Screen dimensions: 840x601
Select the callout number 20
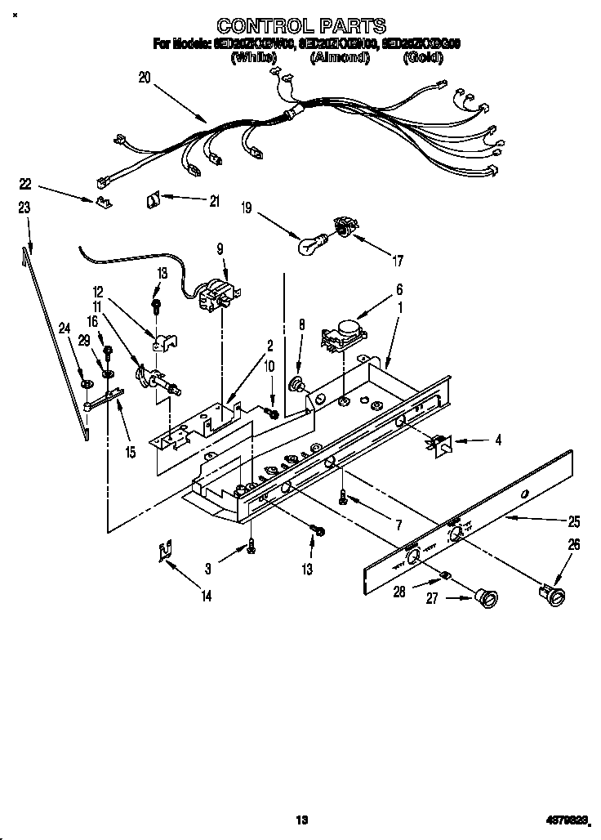(145, 78)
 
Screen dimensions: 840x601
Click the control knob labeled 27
(487, 599)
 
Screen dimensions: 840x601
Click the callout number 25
(574, 521)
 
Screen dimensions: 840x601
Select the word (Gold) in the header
(422, 58)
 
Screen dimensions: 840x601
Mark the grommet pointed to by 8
(297, 383)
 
